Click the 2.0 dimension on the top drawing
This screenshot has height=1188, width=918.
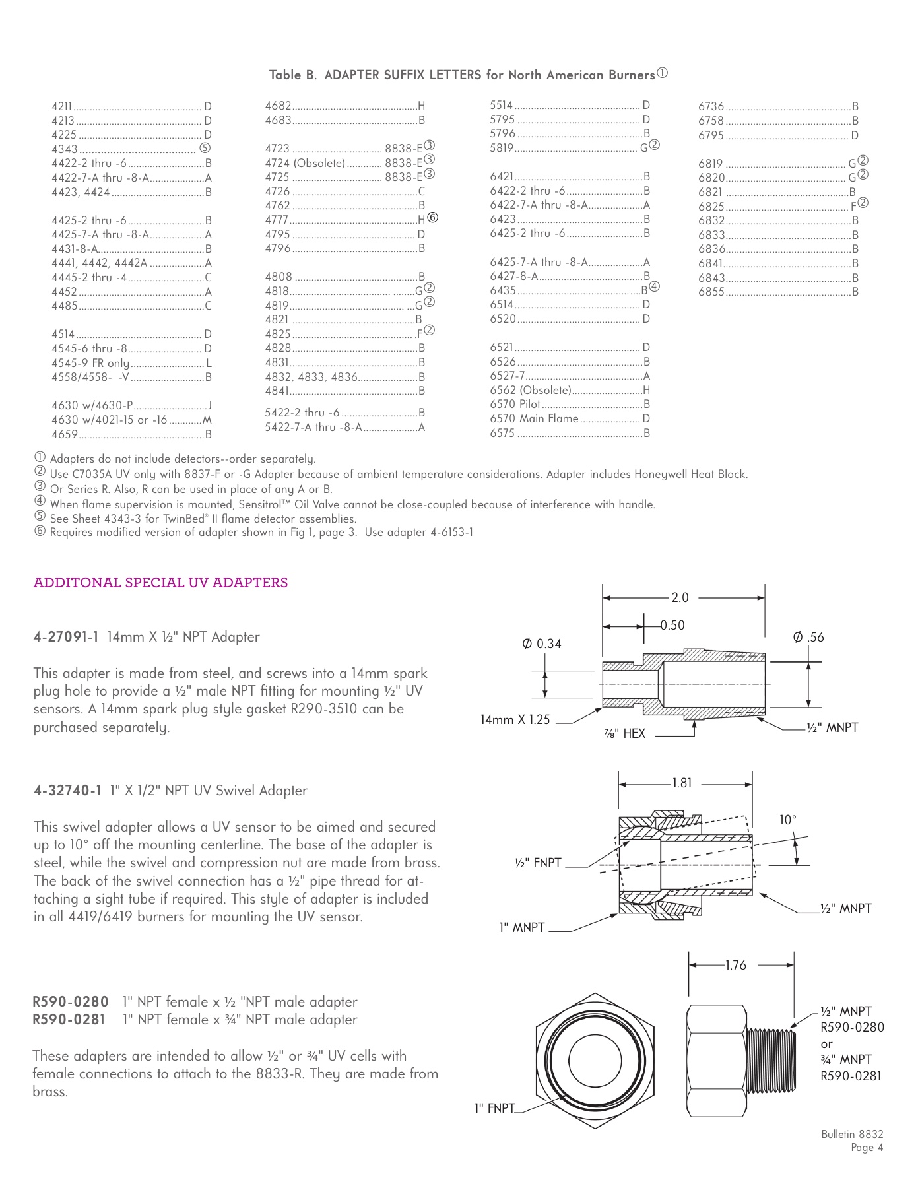[x=680, y=597]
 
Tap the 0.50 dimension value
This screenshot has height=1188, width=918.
[x=672, y=625]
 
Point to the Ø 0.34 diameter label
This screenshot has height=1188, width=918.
[x=542, y=643]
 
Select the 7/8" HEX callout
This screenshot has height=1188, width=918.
[x=624, y=733]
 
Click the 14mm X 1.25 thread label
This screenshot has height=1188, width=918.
[x=515, y=720]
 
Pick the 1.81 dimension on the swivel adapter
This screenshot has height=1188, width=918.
[x=682, y=783]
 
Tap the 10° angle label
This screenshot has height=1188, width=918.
[x=787, y=820]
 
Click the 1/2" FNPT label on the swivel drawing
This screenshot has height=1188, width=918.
[x=538, y=863]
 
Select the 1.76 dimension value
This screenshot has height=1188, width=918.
[x=735, y=965]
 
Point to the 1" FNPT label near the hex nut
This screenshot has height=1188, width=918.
[x=494, y=1108]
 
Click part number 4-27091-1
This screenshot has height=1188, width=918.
[x=66, y=637]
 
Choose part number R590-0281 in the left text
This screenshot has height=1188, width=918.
[x=69, y=1020]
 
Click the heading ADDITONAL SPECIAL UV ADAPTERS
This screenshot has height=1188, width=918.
[x=160, y=583]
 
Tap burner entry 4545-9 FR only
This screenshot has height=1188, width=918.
[x=90, y=363]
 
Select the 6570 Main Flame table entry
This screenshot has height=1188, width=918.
[x=534, y=418]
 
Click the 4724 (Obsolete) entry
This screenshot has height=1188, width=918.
[x=305, y=163]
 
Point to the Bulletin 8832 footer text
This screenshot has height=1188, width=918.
[x=852, y=1134]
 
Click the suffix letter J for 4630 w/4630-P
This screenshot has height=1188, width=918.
[x=209, y=405]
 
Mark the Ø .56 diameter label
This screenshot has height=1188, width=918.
[x=808, y=637]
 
